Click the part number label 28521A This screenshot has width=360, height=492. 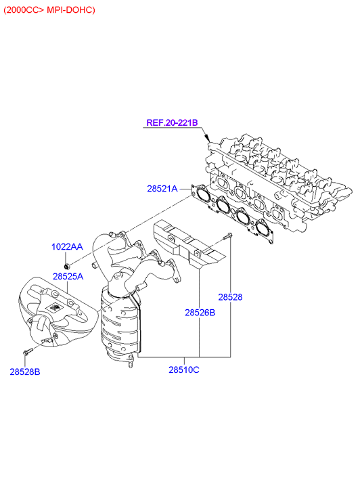point(162,189)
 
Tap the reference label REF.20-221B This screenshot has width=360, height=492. point(173,122)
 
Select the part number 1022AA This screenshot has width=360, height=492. point(67,247)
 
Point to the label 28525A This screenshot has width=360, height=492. point(68,276)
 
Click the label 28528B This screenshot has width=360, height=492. point(25,372)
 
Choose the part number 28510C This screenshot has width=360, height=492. point(184,370)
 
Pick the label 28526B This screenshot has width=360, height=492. point(200,313)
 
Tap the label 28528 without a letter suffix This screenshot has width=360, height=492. point(230,297)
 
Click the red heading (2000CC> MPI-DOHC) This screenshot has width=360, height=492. point(49,10)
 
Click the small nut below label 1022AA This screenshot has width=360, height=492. point(66,267)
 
